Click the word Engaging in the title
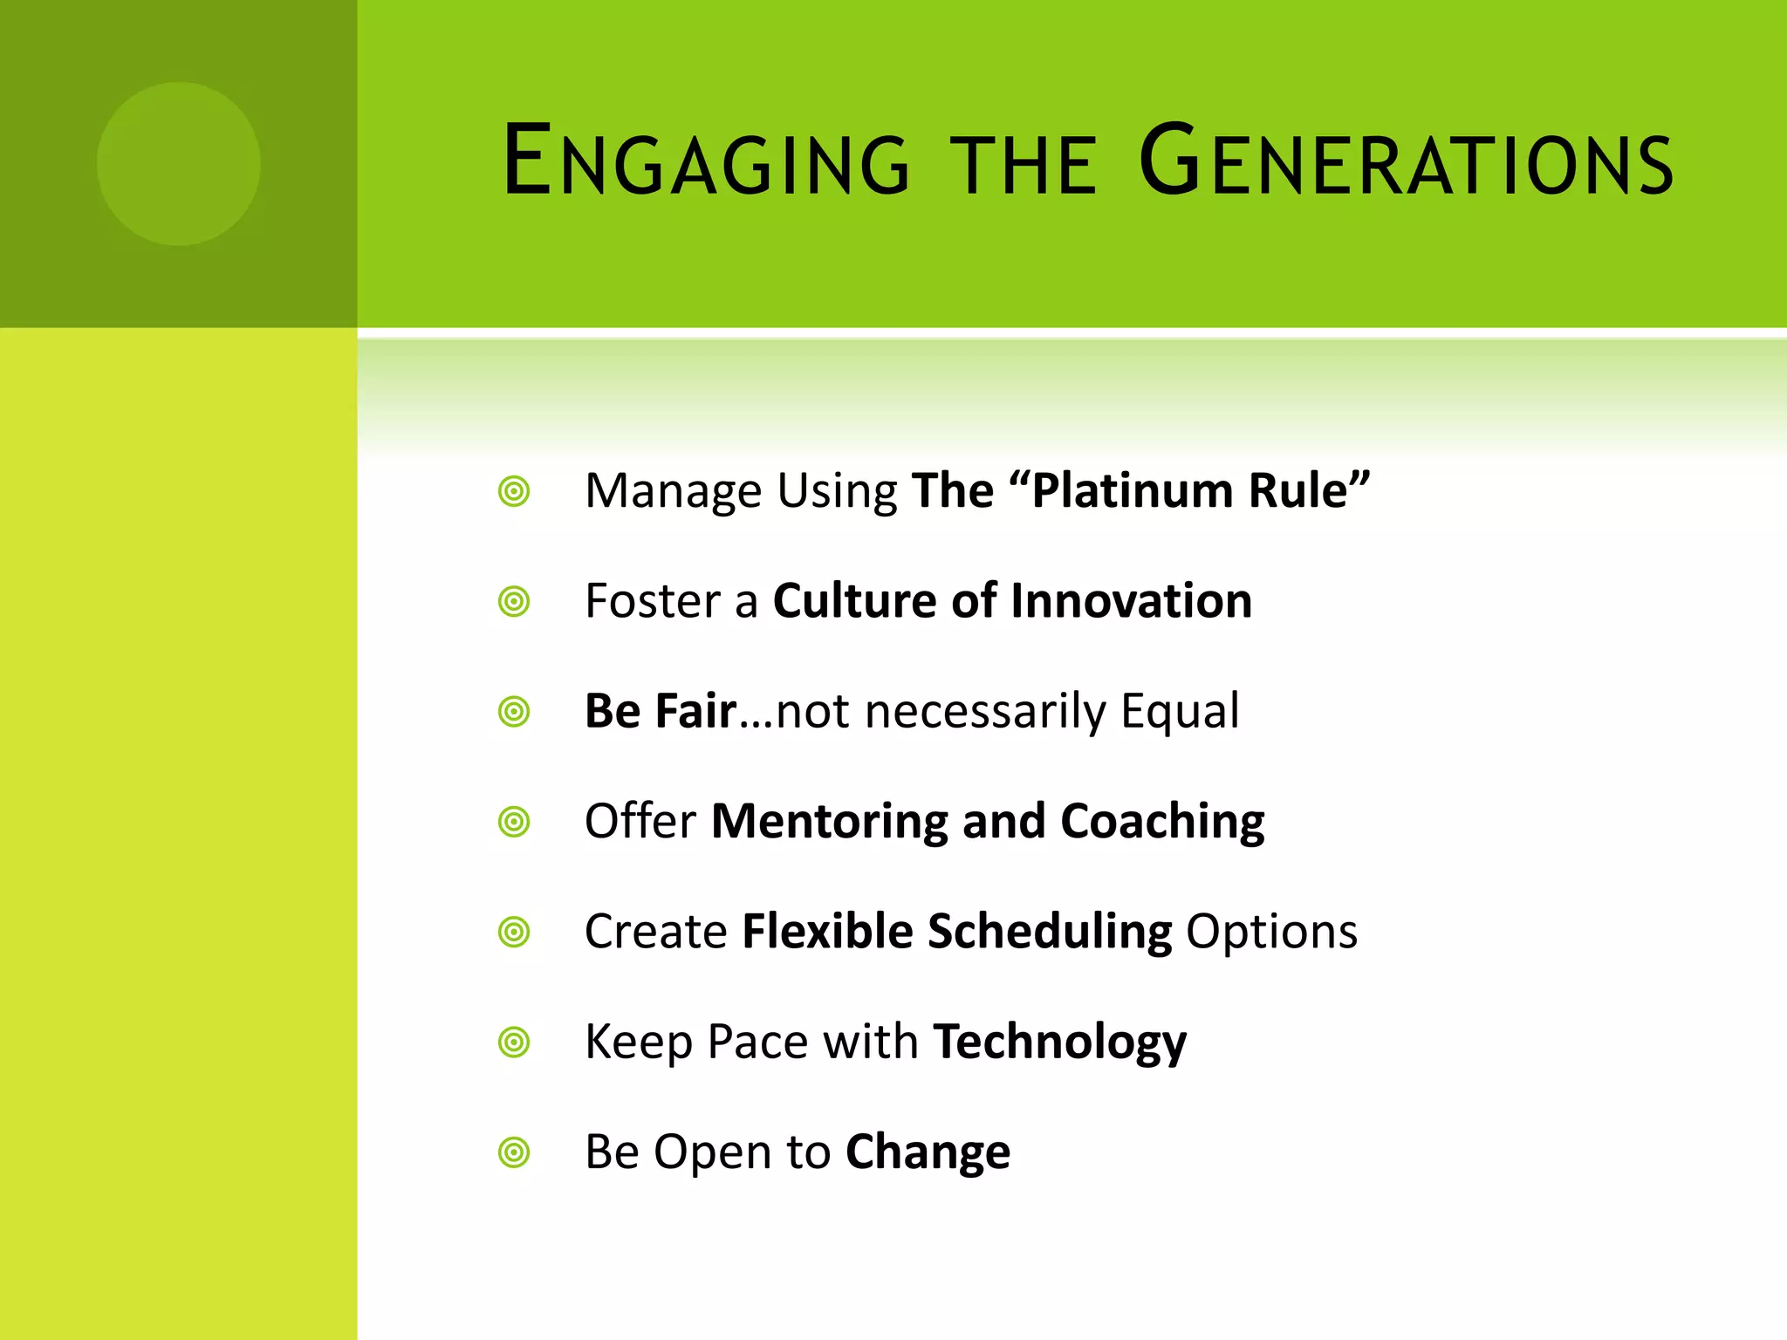(707, 161)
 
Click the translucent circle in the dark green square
(179, 164)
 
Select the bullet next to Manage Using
(514, 491)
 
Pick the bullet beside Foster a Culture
(514, 602)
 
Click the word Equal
(1180, 711)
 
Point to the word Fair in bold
(695, 711)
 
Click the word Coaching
(1162, 822)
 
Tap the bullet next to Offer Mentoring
(514, 822)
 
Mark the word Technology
(1059, 1043)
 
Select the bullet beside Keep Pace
(514, 1043)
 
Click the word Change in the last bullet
(928, 1153)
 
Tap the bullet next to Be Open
(514, 1152)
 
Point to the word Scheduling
(1050, 932)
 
